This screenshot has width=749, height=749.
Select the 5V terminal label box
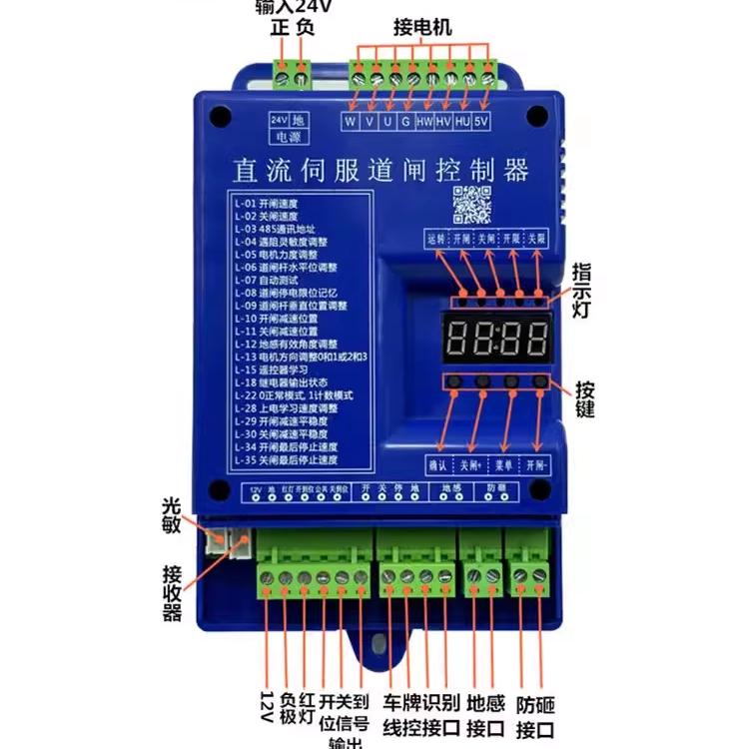[x=481, y=121]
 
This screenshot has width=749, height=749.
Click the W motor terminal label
[x=351, y=121]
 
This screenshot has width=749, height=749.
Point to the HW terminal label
[x=424, y=121]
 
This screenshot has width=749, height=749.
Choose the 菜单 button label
[x=504, y=465]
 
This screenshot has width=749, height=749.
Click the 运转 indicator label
[x=435, y=240]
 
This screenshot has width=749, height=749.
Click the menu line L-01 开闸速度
[x=266, y=203]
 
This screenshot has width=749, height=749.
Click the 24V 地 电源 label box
[x=291, y=128]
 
